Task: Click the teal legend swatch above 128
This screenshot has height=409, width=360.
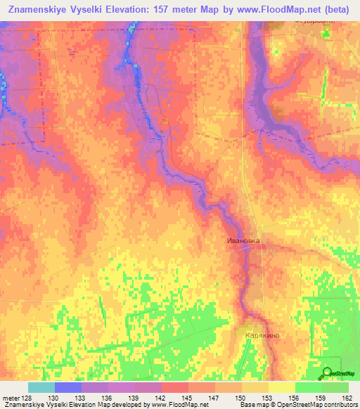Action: pyautogui.click(x=41, y=387)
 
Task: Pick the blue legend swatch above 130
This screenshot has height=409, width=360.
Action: pyautogui.click(x=68, y=387)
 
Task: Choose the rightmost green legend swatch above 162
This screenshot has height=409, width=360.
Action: pyautogui.click(x=335, y=387)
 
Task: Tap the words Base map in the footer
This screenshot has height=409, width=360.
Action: pyautogui.click(x=254, y=405)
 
